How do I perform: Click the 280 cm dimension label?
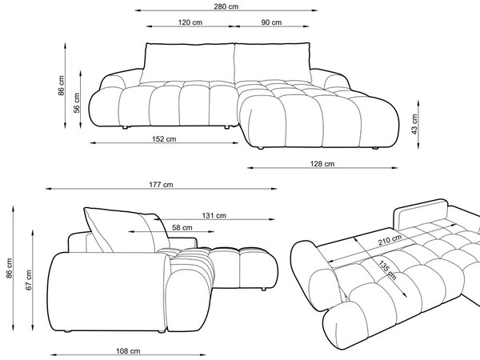[226, 6]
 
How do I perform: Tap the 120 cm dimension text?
[190, 22]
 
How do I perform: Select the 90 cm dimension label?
[271, 22]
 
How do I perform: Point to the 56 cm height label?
[77, 103]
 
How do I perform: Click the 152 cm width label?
[164, 139]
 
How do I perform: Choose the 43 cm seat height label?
[414, 124]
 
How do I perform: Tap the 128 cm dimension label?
[322, 164]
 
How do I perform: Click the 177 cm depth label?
[161, 185]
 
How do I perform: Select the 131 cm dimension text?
[214, 215]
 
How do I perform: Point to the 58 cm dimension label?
[182, 228]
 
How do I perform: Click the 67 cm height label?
[29, 280]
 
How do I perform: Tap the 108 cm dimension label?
[128, 351]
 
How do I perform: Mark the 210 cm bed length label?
[390, 240]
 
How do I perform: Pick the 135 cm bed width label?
[387, 270]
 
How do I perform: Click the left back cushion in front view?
[188, 63]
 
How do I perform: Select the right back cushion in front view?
[273, 62]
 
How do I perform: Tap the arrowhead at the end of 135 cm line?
[405, 294]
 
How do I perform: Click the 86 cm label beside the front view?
[62, 86]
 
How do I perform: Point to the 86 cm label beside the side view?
[9, 269]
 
